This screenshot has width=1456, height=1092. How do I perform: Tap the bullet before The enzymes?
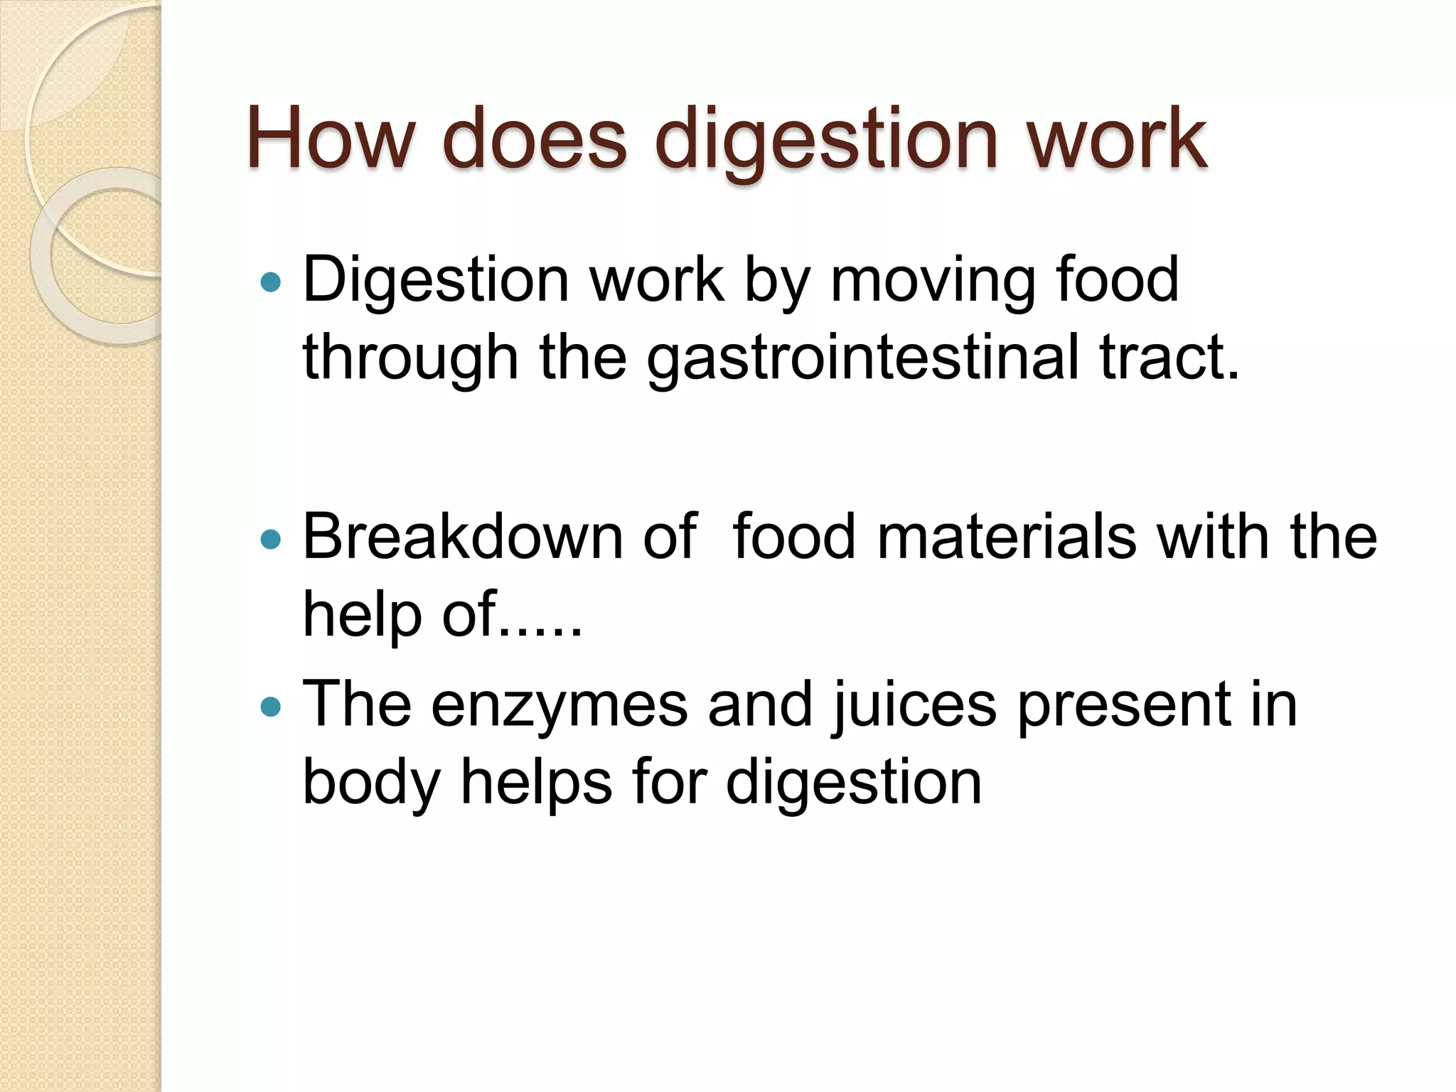point(271,707)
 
